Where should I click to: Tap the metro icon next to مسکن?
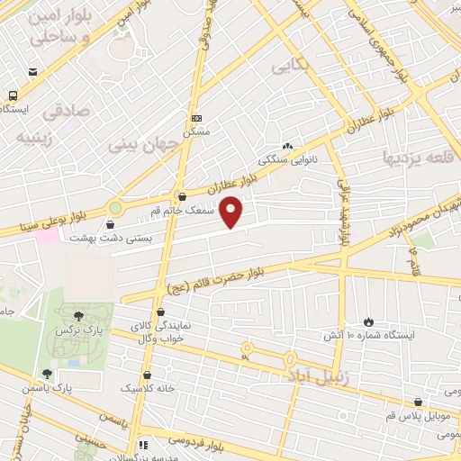point(196,117)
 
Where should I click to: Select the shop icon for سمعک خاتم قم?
point(183,197)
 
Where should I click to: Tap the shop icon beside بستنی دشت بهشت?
point(112,225)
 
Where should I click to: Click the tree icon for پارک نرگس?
point(79,315)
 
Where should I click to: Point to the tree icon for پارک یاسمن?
point(47,374)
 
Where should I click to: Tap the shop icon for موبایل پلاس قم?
point(418,402)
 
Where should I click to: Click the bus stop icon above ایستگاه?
point(13,95)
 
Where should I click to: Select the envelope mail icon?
point(33,73)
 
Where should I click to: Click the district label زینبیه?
point(36,139)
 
